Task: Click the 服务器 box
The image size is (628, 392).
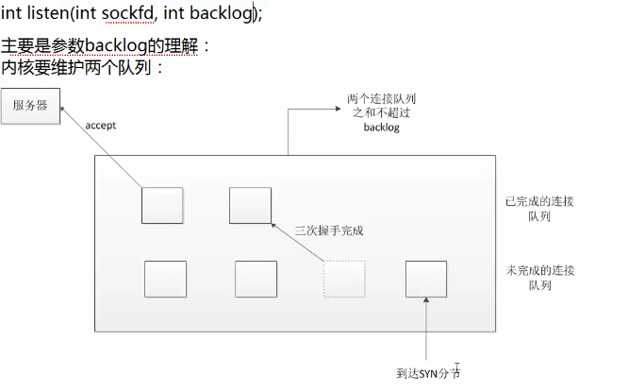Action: [x=29, y=105]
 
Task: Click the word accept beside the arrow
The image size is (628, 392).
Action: [x=100, y=125]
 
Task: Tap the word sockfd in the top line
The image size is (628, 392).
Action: [x=125, y=14]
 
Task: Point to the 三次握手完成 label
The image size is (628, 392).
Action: [x=329, y=230]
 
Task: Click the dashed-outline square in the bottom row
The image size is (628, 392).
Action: [x=344, y=279]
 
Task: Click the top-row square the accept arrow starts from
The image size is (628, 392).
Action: [x=162, y=205]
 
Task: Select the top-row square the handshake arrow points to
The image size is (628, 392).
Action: [x=250, y=205]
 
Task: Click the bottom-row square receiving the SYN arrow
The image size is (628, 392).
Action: [x=426, y=279]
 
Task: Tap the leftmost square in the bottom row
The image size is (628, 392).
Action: [x=165, y=279]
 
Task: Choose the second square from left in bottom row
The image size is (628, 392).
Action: [x=256, y=279]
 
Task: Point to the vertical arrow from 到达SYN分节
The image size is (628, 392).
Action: [x=426, y=331]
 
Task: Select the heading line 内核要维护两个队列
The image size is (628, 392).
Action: [x=83, y=67]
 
